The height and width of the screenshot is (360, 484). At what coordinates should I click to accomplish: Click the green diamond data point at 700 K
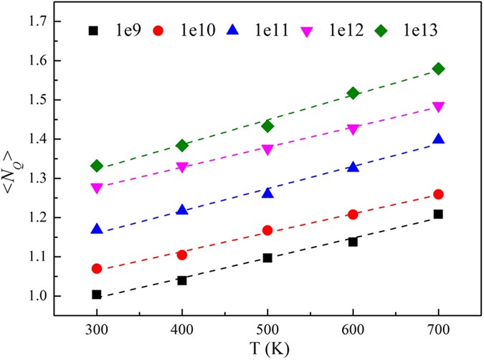pyautogui.click(x=439, y=69)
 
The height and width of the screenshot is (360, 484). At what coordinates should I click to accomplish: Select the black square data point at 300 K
pyautogui.click(x=97, y=294)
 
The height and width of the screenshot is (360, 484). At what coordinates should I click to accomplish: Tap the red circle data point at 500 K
pyautogui.click(x=267, y=230)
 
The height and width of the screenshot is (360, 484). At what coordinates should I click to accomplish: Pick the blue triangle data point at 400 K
pyautogui.click(x=182, y=210)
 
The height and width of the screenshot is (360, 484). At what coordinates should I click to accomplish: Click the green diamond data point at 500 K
pyautogui.click(x=267, y=126)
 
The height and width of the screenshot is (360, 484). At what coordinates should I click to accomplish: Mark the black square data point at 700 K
pyautogui.click(x=438, y=214)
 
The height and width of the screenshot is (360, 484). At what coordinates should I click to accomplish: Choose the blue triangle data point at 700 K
pyautogui.click(x=438, y=139)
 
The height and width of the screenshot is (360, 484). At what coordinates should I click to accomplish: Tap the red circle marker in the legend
pyautogui.click(x=158, y=32)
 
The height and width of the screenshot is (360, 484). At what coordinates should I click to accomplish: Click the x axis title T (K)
pyautogui.click(x=267, y=351)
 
